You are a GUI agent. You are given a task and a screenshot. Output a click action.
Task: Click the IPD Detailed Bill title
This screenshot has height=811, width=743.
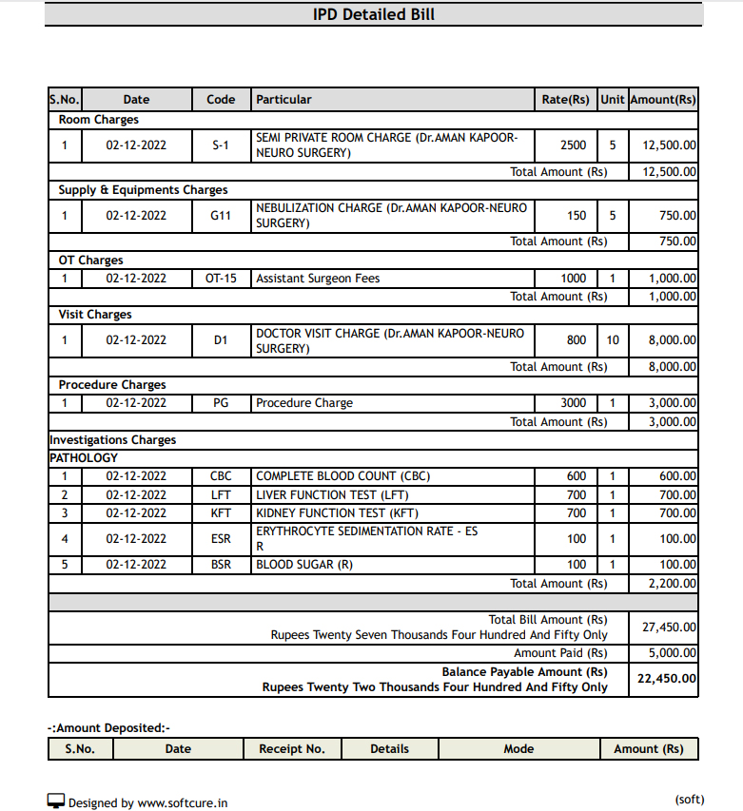pos(374,14)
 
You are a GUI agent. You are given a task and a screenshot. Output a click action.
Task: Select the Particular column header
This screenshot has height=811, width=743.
pos(284,100)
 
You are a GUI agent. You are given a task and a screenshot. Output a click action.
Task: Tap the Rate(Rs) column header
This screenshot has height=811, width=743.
pos(565,100)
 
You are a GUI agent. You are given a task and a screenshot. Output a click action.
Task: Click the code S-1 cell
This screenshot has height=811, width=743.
pos(221,145)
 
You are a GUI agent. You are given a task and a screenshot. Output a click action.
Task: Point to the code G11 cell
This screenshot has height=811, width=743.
pos(221,216)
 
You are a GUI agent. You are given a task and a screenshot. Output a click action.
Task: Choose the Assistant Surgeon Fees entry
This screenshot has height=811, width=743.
pos(317,279)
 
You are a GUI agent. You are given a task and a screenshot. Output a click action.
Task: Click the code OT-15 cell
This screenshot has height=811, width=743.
pos(221,279)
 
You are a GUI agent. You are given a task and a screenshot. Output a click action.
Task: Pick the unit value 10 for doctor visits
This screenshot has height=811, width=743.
pos(613,339)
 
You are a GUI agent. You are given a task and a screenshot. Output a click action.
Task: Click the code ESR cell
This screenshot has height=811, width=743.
pos(221,539)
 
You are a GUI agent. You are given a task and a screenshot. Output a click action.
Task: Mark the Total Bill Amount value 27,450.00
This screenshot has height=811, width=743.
pos(669,628)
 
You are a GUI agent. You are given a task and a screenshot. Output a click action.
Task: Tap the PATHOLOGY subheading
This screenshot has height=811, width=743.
pos(84,458)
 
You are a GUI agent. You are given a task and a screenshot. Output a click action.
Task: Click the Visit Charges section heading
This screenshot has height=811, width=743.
pos(95,315)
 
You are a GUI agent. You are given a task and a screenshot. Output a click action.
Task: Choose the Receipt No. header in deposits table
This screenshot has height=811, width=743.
pos(292,749)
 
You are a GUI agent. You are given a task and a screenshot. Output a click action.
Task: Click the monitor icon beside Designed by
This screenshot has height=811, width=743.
pos(56,801)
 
